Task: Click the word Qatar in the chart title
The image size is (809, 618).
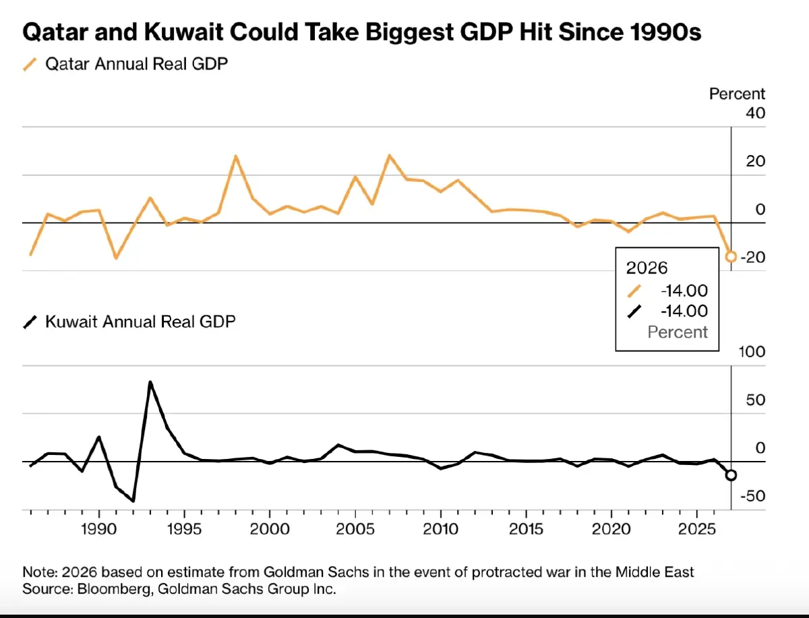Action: point(53,32)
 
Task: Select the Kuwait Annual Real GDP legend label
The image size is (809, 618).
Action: point(140,321)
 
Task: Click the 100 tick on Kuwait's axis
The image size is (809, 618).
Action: point(753,352)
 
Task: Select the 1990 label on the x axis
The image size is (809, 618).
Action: point(99,529)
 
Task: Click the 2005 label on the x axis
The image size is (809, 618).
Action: point(355,529)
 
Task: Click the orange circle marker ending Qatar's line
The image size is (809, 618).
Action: point(731,256)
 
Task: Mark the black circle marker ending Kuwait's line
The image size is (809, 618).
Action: point(731,475)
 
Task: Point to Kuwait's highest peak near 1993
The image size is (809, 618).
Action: point(150,382)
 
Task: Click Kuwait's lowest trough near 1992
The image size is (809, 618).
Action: point(133,501)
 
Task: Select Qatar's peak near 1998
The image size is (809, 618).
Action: point(235,156)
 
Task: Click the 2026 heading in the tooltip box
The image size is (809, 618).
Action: point(647,268)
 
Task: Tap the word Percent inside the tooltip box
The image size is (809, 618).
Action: point(678,332)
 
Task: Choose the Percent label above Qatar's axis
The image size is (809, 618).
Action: point(737,94)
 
